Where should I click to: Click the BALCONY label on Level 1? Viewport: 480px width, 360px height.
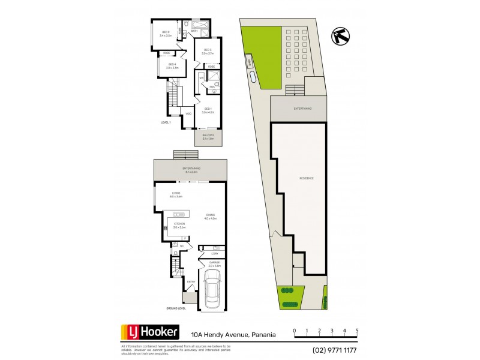click(208, 137)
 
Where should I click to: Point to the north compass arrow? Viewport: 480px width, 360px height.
click(339, 35)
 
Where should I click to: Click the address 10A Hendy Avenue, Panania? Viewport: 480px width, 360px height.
click(233, 335)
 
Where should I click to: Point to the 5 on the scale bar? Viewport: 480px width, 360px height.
click(358, 331)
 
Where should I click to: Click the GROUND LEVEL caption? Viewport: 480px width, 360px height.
click(175, 308)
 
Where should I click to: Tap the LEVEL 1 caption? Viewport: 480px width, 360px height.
click(166, 122)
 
